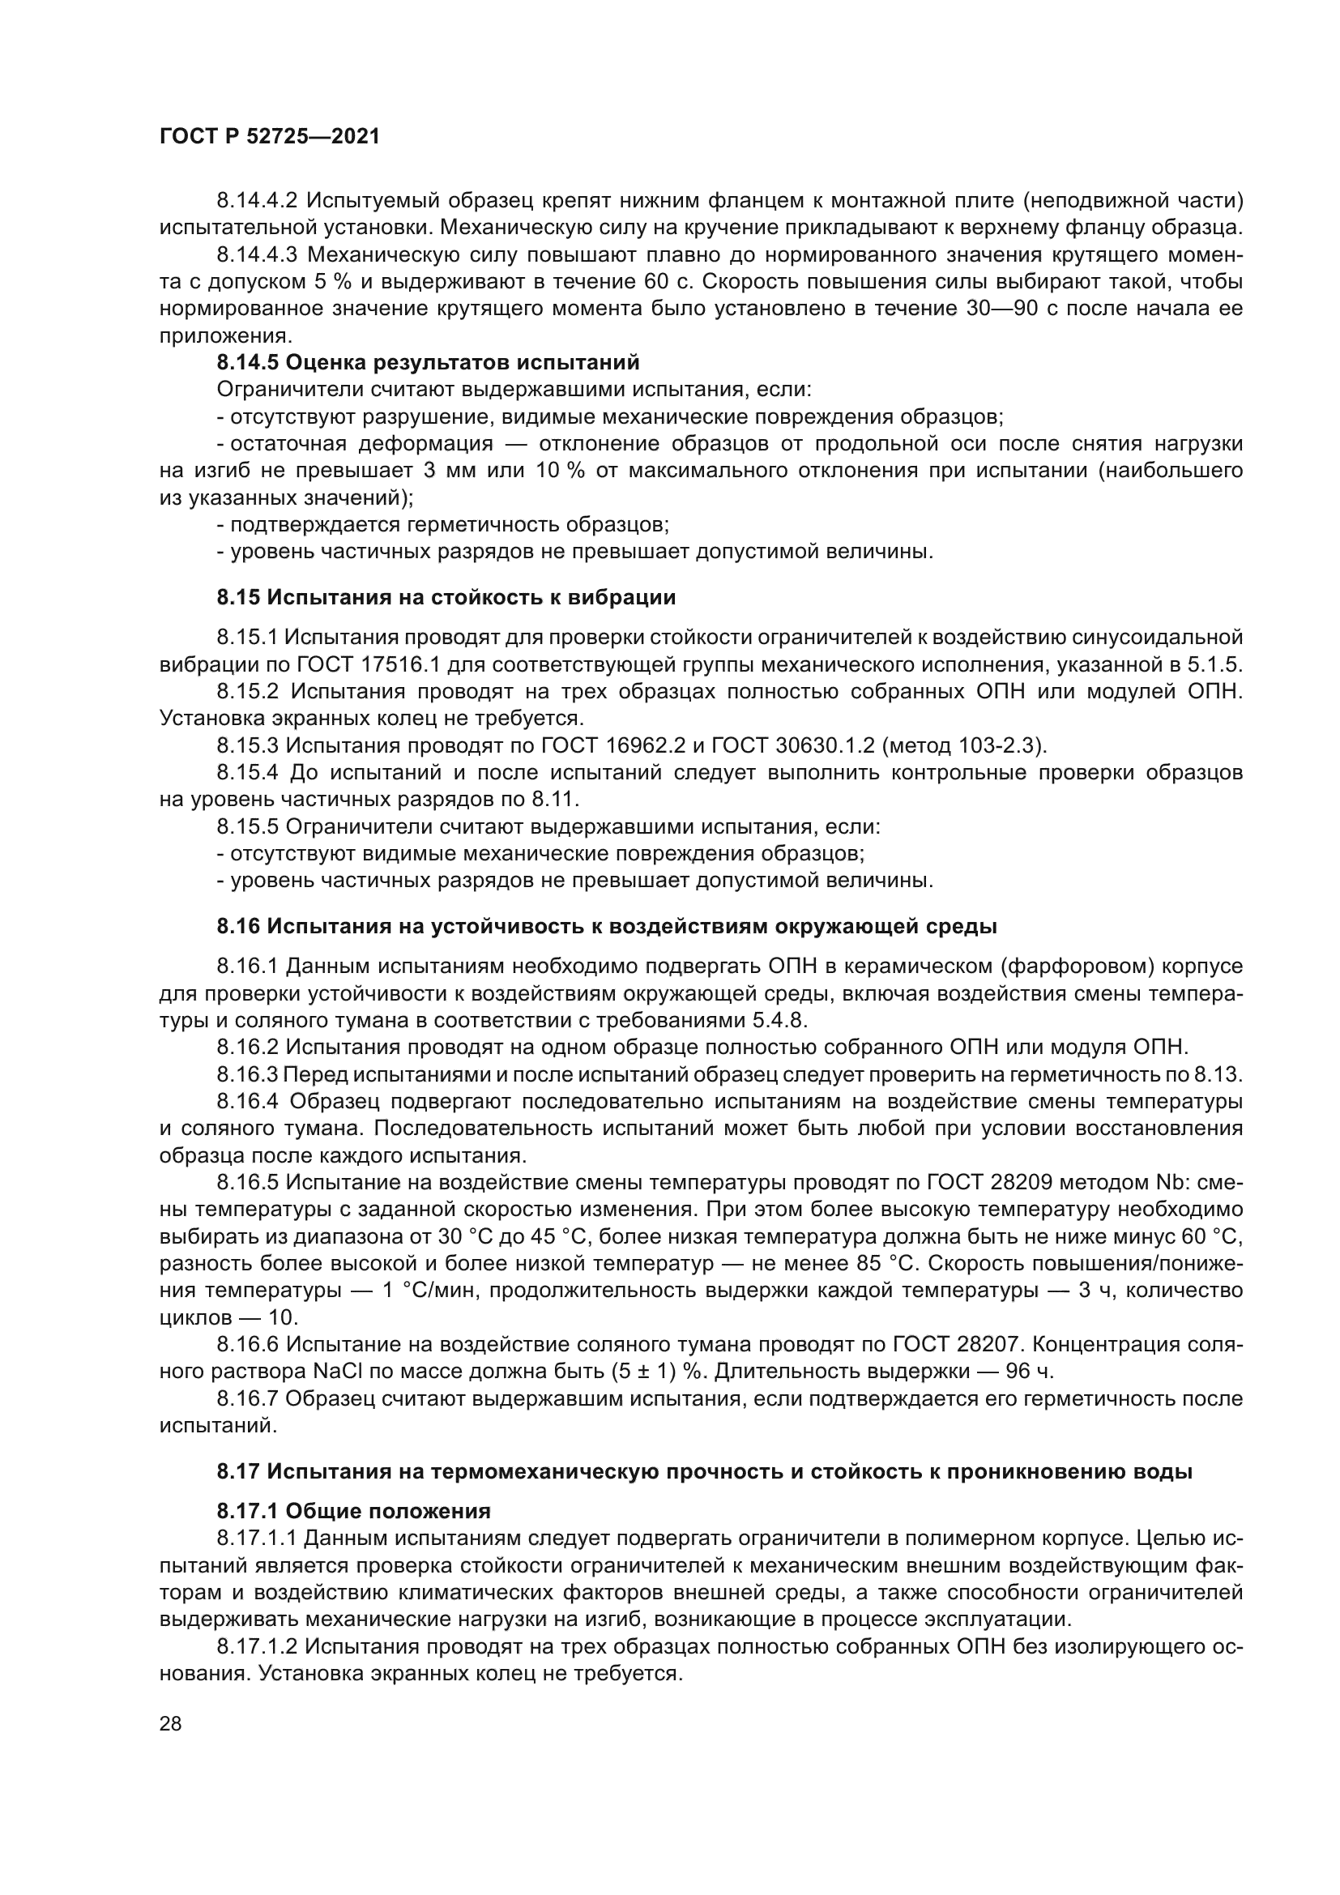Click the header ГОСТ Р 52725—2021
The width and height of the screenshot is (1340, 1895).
tap(269, 137)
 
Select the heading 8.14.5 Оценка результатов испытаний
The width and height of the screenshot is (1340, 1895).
tap(428, 362)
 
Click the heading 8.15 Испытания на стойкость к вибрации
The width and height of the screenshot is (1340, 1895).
tap(446, 598)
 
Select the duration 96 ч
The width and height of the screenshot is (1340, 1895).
tap(1031, 1372)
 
